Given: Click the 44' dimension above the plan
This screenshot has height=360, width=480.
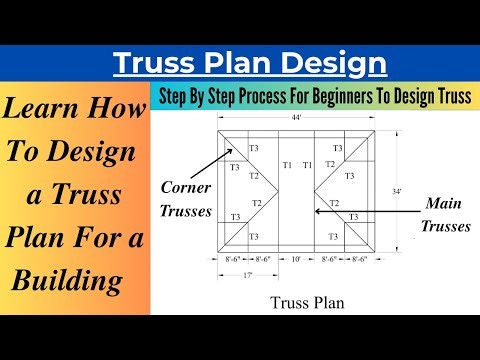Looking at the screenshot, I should tap(296, 119).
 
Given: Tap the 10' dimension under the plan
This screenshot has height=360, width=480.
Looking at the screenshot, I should tap(297, 259).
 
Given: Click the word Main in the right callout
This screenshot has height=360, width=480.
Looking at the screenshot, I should tap(442, 203).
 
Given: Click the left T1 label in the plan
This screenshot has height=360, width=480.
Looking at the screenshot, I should tap(287, 165).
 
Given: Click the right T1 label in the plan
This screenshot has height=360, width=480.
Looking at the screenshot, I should tap(307, 165).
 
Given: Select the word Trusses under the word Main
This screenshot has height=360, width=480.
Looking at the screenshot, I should tap(444, 226).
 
